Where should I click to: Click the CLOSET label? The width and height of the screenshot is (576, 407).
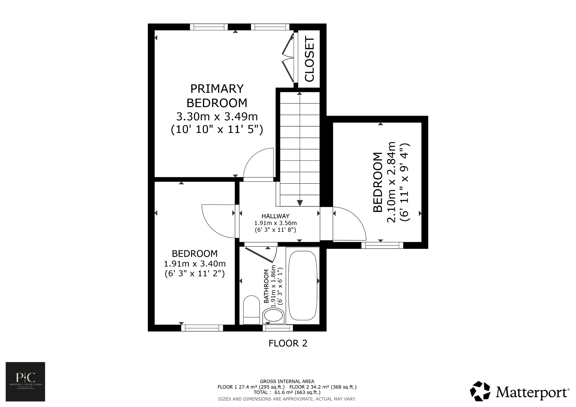point(309,59)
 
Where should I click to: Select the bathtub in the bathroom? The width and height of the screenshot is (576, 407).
point(303,285)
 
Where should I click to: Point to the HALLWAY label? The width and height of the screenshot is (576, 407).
point(275,216)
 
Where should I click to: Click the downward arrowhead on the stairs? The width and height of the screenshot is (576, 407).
point(300,203)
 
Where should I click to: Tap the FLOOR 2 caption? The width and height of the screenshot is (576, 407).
point(288,343)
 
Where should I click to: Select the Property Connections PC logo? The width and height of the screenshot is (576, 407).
point(25,381)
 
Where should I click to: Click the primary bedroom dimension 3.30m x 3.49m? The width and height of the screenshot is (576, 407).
point(217,116)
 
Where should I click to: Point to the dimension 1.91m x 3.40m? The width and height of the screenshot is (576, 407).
point(195,264)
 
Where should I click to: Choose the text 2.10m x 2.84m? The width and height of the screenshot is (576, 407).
point(391,182)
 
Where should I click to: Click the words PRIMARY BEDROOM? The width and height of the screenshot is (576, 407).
point(217,96)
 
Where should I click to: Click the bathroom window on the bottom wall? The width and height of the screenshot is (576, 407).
point(278,328)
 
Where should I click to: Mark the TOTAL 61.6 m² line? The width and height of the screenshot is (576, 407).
point(287,392)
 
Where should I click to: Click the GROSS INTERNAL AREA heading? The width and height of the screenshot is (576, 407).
point(287,381)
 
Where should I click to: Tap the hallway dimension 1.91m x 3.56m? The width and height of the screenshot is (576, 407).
point(275,223)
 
